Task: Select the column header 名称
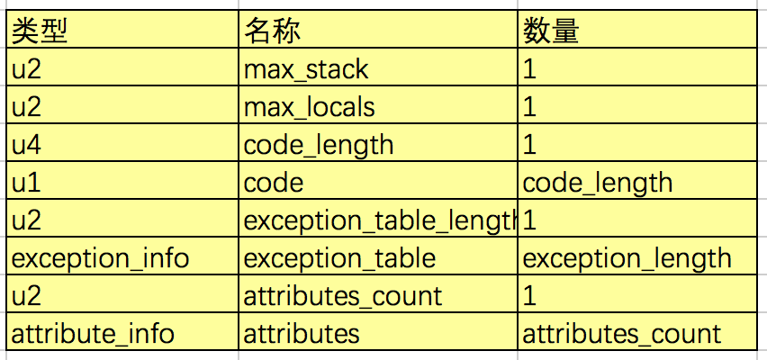272,31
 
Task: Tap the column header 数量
551,31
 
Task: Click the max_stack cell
306,69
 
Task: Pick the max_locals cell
310,107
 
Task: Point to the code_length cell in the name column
319,145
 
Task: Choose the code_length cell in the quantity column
598,183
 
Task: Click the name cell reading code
274,183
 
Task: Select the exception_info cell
100,258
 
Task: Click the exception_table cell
339,258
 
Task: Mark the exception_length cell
627,258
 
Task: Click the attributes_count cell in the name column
343,296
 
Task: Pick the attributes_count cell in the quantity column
622,334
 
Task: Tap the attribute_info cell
92,334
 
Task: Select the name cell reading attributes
302,334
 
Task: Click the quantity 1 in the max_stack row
529,69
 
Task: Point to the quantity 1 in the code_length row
529,145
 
